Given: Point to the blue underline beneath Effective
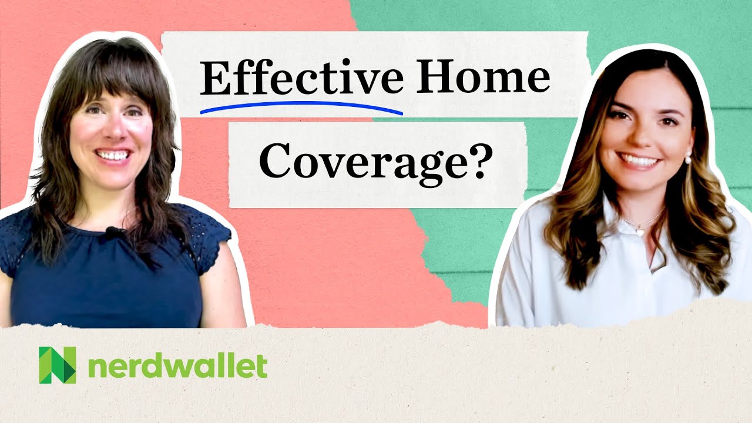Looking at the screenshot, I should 301,106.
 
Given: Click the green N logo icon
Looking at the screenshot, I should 57,365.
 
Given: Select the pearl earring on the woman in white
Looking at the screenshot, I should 688,157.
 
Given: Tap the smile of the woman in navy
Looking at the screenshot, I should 113,156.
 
